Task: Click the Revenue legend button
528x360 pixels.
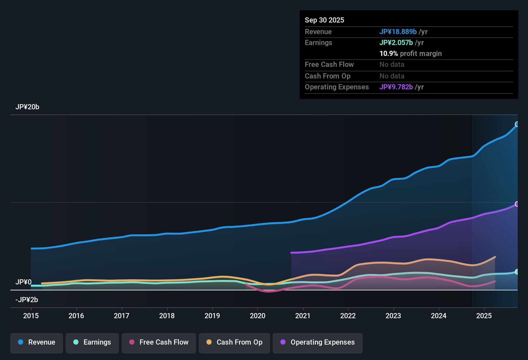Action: pyautogui.click(x=37, y=342)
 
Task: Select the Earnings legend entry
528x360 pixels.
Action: pyautogui.click(x=92, y=342)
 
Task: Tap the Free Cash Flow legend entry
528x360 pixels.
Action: pyautogui.click(x=159, y=342)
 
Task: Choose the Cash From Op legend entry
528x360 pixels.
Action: pyautogui.click(x=234, y=342)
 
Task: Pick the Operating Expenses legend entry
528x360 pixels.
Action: pyautogui.click(x=318, y=342)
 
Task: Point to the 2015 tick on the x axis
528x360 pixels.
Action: pyautogui.click(x=31, y=316)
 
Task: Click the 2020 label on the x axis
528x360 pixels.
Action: pyautogui.click(x=258, y=316)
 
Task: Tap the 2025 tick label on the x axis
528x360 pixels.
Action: pyautogui.click(x=484, y=316)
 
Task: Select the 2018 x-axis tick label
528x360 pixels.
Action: pyautogui.click(x=167, y=316)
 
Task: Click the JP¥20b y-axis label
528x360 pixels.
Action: pyautogui.click(x=27, y=107)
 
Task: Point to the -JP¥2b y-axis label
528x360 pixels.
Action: pyautogui.click(x=27, y=300)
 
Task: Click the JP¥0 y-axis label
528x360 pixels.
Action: pyautogui.click(x=23, y=282)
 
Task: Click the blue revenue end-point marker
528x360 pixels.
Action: pyautogui.click(x=517, y=124)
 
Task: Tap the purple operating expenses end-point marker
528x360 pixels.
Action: pyautogui.click(x=517, y=204)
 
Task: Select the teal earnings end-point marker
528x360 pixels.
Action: pyautogui.click(x=517, y=272)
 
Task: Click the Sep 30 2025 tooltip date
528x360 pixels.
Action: pyautogui.click(x=324, y=20)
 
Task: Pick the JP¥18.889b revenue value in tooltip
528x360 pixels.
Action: pyautogui.click(x=398, y=32)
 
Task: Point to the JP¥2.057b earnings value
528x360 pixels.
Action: pyautogui.click(x=396, y=43)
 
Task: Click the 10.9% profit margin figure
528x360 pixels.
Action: pyautogui.click(x=389, y=54)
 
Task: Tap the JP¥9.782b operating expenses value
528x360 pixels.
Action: pyautogui.click(x=396, y=87)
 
